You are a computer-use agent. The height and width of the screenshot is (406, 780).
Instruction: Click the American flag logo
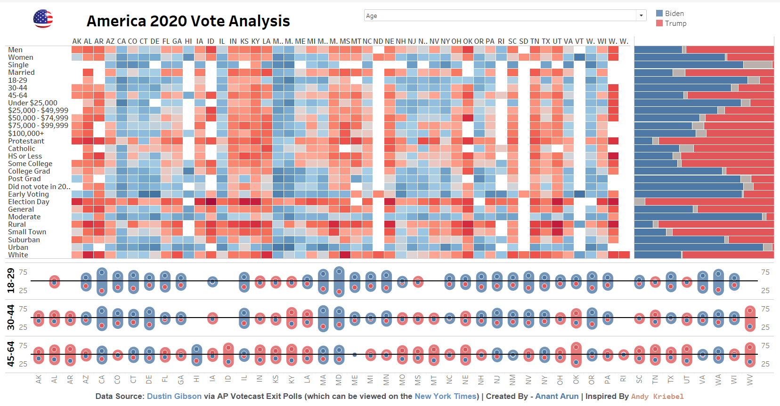pyautogui.click(x=43, y=19)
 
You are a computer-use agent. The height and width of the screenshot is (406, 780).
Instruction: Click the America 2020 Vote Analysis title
pyautogui.click(x=188, y=21)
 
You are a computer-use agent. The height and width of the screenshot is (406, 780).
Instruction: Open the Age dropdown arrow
pyautogui.click(x=641, y=16)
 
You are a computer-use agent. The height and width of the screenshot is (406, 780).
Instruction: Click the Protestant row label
pyautogui.click(x=26, y=141)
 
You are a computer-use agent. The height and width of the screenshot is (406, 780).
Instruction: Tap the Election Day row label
pyautogui.click(x=28, y=202)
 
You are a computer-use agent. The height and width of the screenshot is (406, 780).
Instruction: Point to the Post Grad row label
pyautogui.click(x=24, y=179)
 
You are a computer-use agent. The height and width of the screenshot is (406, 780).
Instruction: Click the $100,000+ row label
pyautogui.click(x=26, y=134)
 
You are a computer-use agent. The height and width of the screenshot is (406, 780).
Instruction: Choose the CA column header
pyautogui.click(x=122, y=41)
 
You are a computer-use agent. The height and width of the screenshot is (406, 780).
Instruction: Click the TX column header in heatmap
pyautogui.click(x=546, y=41)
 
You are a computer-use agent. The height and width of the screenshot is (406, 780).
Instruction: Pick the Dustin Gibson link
pyautogui.click(x=174, y=396)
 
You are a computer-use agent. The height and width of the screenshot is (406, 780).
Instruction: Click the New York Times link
pyautogui.click(x=445, y=396)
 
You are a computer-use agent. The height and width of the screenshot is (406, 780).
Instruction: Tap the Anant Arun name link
pyautogui.click(x=557, y=396)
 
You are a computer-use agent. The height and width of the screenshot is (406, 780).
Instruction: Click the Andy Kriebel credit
pyautogui.click(x=657, y=397)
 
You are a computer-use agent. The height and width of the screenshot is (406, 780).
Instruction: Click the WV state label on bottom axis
pyautogui.click(x=750, y=380)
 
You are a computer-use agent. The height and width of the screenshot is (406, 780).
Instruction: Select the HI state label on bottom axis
pyautogui.click(x=196, y=379)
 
